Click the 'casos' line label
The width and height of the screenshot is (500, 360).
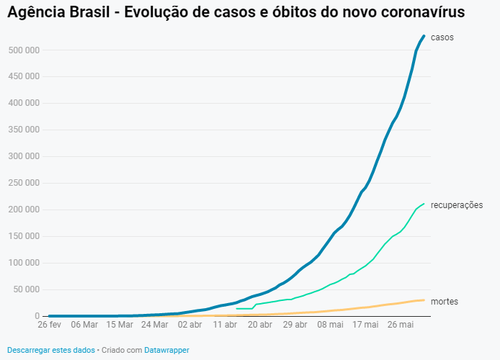click(x=442, y=37)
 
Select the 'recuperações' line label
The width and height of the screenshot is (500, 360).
click(x=456, y=205)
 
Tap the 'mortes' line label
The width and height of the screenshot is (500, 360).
click(x=445, y=302)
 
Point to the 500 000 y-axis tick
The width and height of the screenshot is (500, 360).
click(x=24, y=50)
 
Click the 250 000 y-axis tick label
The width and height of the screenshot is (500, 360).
click(x=24, y=183)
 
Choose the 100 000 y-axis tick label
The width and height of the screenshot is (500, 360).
click(x=24, y=263)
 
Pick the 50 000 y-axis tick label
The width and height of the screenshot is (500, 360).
click(x=27, y=289)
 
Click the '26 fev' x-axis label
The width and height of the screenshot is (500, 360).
click(x=49, y=325)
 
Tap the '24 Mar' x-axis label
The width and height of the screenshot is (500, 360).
click(x=154, y=325)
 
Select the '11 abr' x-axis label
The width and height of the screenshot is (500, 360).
click(x=225, y=325)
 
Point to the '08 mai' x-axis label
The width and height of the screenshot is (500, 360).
click(x=331, y=325)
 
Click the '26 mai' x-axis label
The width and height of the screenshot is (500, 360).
click(x=401, y=325)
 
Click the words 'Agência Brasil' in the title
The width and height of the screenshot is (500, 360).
click(x=55, y=13)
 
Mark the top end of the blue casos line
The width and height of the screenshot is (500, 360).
click(x=424, y=35)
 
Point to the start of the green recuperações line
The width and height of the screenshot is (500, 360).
click(x=237, y=308)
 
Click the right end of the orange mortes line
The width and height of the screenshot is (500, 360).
click(x=424, y=300)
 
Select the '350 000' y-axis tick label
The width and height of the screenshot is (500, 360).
click(x=24, y=130)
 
